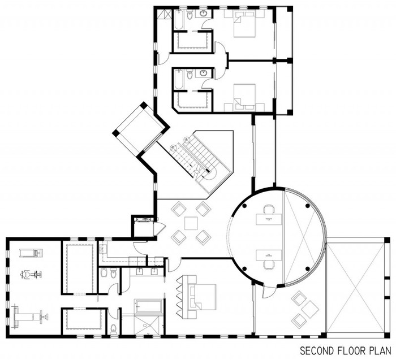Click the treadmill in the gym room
click(x=31, y=253)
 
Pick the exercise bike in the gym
click(x=31, y=275)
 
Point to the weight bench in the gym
click(x=29, y=316)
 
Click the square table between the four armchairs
click(x=191, y=224)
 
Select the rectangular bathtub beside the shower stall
click(x=148, y=306)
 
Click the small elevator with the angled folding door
click(x=144, y=228)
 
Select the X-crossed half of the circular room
click(x=304, y=237)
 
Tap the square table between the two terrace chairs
click(x=311, y=309)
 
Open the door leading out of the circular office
click(x=268, y=290)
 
